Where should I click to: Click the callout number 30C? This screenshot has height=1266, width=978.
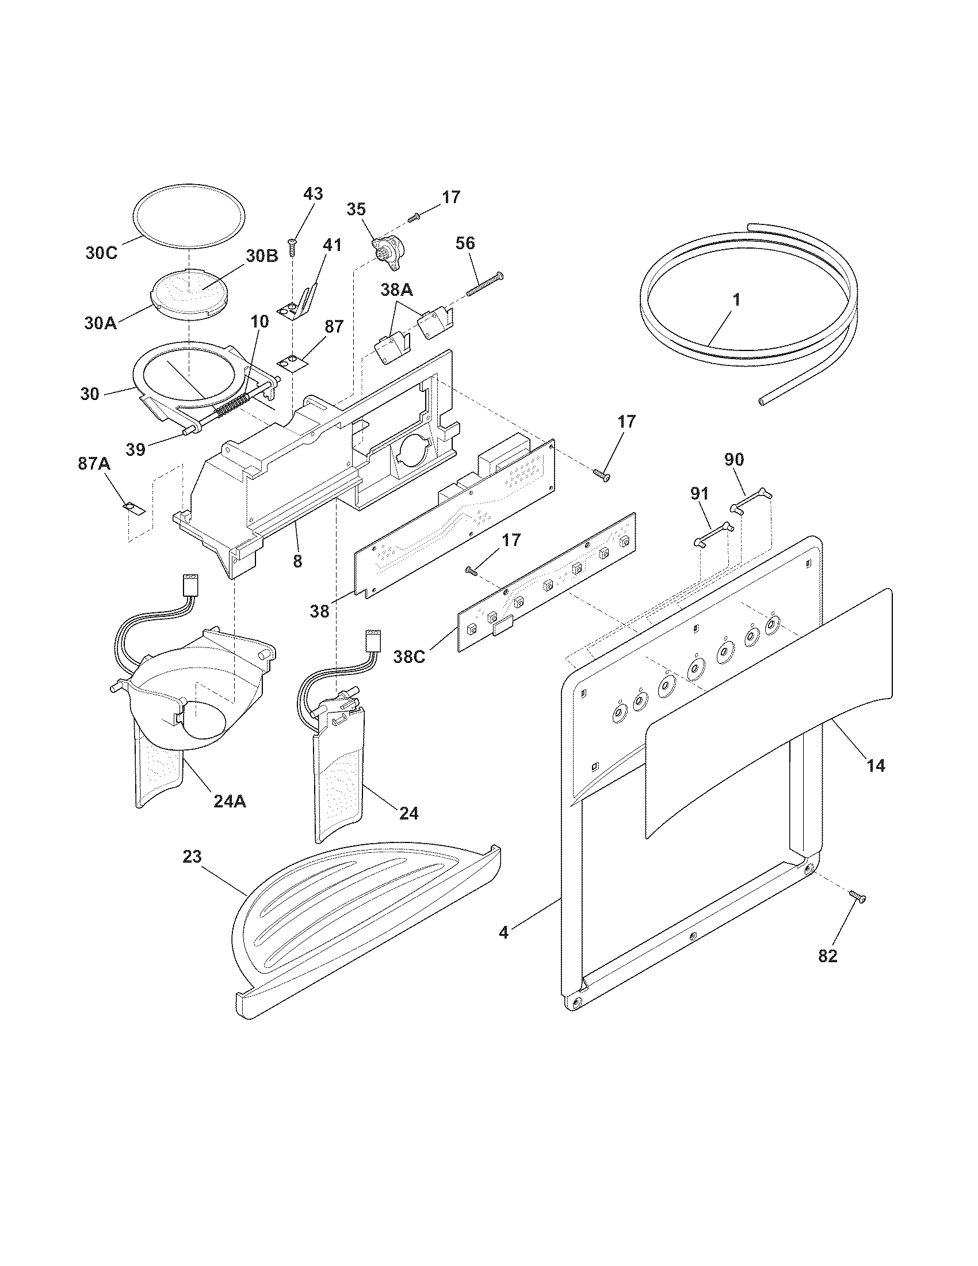101,253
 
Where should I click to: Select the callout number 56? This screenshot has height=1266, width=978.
465,243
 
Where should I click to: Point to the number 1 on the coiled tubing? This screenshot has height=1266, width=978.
736,300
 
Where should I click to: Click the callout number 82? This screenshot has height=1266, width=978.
827,956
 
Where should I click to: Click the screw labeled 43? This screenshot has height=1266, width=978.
293,247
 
